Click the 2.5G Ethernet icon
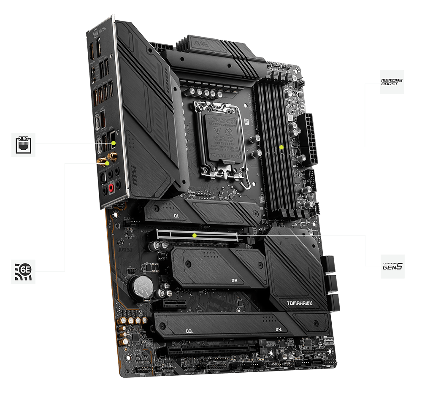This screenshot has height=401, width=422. [x=23, y=144]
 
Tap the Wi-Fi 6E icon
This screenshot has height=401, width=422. [x=23, y=271]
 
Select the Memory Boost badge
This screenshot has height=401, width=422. [x=392, y=82]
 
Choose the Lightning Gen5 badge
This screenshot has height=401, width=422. [x=392, y=266]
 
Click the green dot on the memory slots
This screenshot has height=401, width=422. [x=281, y=147]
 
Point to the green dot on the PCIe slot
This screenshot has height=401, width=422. [x=194, y=235]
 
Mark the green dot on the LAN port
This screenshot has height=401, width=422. [x=114, y=144]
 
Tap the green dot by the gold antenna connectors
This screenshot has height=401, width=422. [x=108, y=163]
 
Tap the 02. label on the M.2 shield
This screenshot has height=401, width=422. [x=235, y=280]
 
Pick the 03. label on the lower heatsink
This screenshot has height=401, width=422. [x=188, y=331]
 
